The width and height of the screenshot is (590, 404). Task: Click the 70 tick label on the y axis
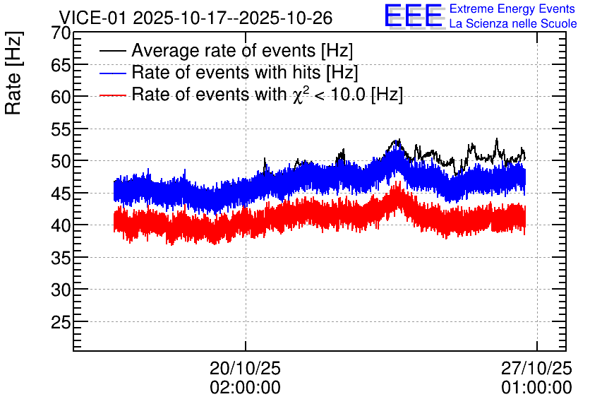(61, 33)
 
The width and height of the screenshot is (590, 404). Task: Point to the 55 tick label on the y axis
(61, 130)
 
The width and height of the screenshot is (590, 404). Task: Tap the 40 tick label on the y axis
(61, 226)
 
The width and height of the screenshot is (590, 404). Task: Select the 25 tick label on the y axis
(61, 323)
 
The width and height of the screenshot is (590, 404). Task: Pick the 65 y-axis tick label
(61, 66)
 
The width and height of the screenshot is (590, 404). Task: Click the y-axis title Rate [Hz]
(13, 73)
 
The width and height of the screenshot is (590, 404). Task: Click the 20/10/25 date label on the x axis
(245, 368)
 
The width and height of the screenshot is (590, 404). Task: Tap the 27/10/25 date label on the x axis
(536, 368)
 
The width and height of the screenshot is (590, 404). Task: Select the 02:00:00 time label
(245, 388)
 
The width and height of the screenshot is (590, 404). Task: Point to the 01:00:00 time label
(536, 388)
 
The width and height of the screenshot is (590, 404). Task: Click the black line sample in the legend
(112, 51)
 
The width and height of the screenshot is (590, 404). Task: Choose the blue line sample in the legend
(112, 73)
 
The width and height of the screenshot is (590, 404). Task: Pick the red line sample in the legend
(112, 95)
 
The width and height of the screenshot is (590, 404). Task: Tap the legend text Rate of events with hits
(226, 73)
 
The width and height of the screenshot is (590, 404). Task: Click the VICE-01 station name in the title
(92, 18)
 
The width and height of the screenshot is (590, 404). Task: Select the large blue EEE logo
(414, 16)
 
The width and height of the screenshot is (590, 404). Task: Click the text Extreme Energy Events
(512, 8)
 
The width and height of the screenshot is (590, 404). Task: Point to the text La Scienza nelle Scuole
(513, 24)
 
